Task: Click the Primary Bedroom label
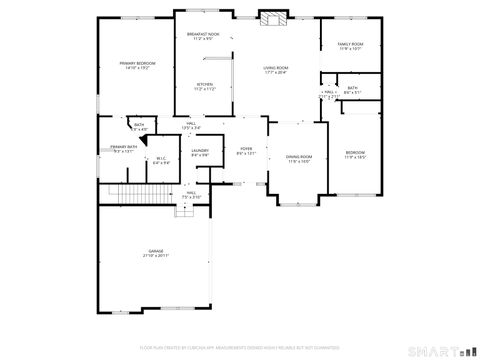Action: tap(138, 63)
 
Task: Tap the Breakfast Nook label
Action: tap(203, 35)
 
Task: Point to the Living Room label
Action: tap(276, 67)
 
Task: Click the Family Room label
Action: tap(350, 44)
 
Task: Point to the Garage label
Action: tap(155, 251)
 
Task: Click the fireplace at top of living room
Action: tap(272, 16)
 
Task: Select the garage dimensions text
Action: tap(155, 256)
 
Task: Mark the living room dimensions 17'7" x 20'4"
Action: tap(276, 72)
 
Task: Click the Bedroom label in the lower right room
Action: tap(355, 153)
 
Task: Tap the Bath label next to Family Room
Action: tap(352, 87)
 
